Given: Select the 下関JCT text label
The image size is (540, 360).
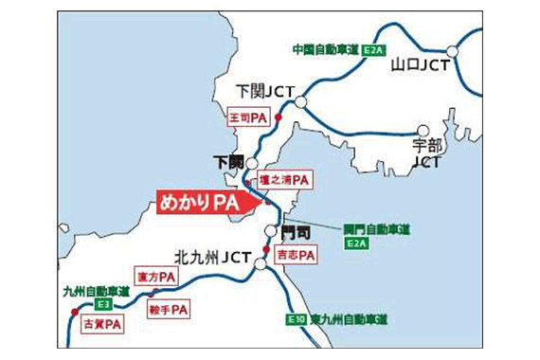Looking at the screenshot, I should (266, 91).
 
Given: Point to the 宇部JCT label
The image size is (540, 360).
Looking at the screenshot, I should (429, 153).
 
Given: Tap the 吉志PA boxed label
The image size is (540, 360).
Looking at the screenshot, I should (295, 255).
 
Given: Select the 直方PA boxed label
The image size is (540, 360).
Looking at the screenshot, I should (155, 277).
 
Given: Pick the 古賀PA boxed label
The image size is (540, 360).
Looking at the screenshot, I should (102, 324).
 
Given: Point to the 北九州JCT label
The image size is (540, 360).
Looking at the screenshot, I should (211, 256).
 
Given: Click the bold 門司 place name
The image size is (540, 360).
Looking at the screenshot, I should (296, 232).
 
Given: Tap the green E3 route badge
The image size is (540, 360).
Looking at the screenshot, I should (103, 304).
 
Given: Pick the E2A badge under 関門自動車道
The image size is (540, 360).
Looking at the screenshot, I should (355, 243).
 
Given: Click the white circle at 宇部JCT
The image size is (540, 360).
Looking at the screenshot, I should (423, 131).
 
